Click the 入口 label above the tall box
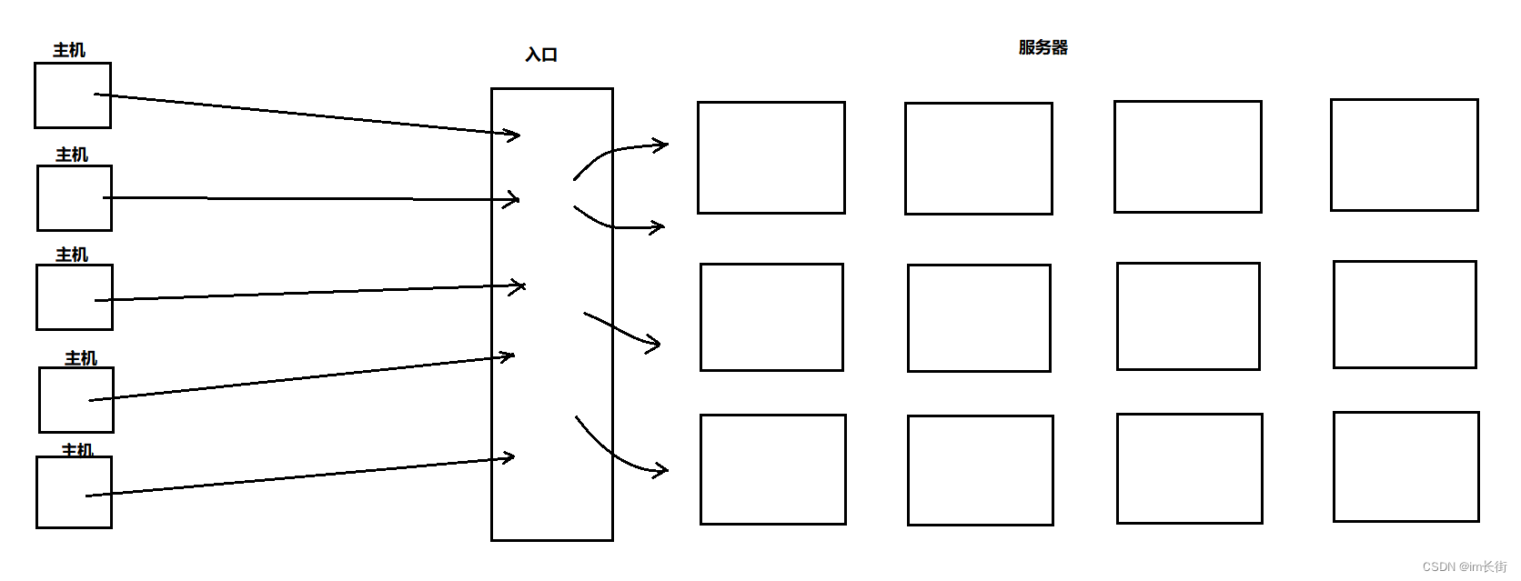coord(541,55)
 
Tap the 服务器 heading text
coord(1043,47)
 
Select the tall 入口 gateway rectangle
coord(551,314)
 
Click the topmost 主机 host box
coord(73,95)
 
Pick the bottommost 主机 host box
coord(74,492)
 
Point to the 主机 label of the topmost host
coord(69,50)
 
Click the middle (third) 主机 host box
coord(75,297)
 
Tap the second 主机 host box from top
coord(75,198)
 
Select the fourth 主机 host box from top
coord(76,400)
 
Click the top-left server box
coord(771,157)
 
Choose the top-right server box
coord(1404,155)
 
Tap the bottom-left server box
coord(773,469)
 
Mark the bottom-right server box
coord(1405,466)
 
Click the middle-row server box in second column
coord(979,318)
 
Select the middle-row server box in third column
coord(1188,316)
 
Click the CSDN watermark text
coord(1464,566)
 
